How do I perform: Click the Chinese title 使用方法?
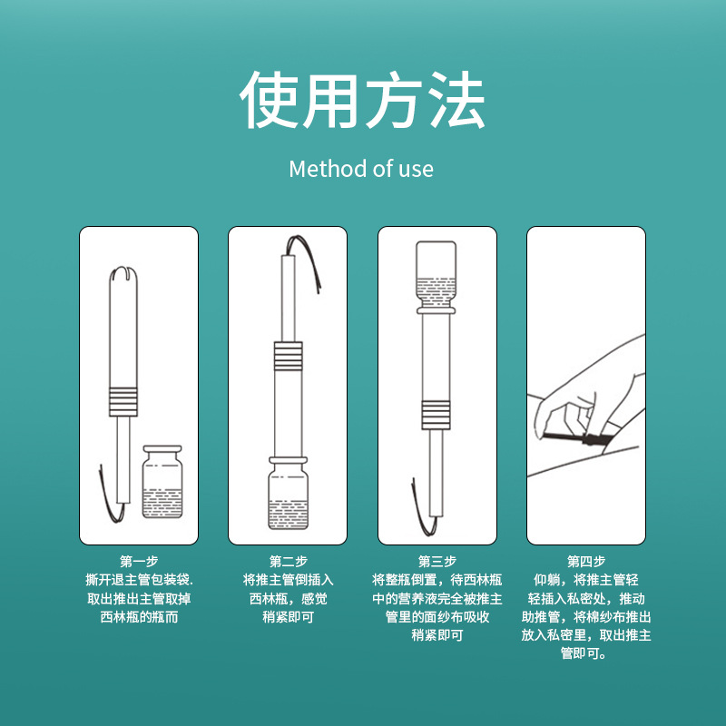362,100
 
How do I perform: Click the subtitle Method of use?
361,169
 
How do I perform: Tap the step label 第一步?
139,562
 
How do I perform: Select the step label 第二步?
288,562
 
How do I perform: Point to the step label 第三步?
437,562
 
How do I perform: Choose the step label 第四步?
586,562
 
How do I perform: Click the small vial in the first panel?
162,482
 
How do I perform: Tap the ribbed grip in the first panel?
123,401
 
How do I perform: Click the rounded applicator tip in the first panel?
123,274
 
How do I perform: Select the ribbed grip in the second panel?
288,356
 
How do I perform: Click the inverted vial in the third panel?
437,277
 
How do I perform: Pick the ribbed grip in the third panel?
436,415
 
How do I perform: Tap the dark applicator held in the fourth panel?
575,438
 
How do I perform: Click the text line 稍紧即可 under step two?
288,617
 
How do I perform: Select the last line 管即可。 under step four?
584,653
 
